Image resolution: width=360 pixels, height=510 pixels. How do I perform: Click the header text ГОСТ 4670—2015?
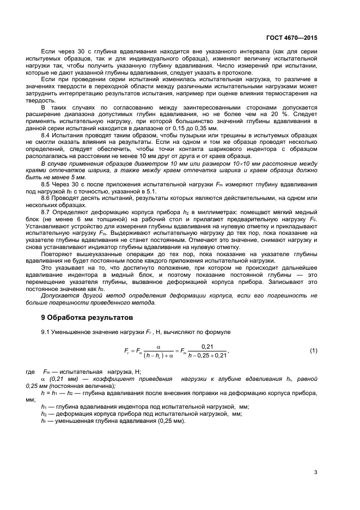pyautogui.click(x=293, y=38)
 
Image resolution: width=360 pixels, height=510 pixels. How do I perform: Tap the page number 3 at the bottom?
pyautogui.click(x=315, y=472)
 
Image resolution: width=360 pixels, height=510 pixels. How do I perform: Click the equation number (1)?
pyautogui.click(x=313, y=350)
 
